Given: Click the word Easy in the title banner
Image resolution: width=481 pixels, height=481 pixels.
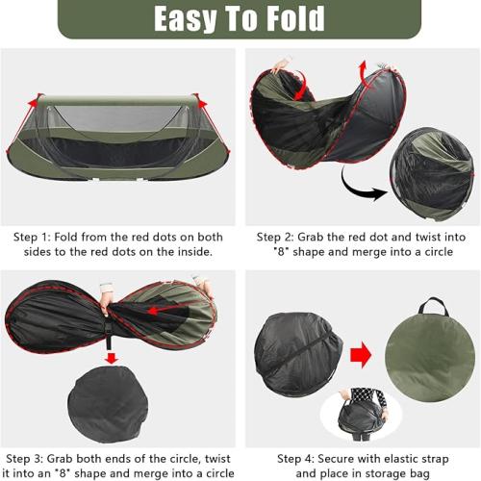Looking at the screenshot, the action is click(185, 20).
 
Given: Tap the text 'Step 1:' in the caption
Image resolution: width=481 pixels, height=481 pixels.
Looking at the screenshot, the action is click(32, 238).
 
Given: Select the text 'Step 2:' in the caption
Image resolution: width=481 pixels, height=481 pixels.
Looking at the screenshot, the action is click(275, 238).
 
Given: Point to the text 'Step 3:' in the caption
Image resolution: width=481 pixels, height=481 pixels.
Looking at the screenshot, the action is click(25, 459).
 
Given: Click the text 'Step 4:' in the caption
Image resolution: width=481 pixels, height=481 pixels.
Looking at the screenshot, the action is click(296, 459).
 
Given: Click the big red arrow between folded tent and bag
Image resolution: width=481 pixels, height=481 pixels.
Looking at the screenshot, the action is click(361, 355).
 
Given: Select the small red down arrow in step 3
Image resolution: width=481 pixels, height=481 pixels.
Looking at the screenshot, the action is click(112, 358).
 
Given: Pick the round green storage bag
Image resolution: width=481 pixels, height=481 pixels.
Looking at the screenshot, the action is click(430, 363).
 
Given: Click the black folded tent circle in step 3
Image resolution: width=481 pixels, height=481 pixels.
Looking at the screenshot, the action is click(108, 404).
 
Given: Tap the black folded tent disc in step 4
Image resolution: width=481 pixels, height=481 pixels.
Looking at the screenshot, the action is click(298, 355).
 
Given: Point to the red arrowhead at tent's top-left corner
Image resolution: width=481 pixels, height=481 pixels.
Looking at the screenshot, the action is click(33, 103).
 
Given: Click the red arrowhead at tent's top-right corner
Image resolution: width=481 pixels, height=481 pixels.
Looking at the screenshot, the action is click(202, 104).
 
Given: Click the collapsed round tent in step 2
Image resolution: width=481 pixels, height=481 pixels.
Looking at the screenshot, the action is click(432, 174).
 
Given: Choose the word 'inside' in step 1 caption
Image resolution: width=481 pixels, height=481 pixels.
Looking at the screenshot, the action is click(194, 252).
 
